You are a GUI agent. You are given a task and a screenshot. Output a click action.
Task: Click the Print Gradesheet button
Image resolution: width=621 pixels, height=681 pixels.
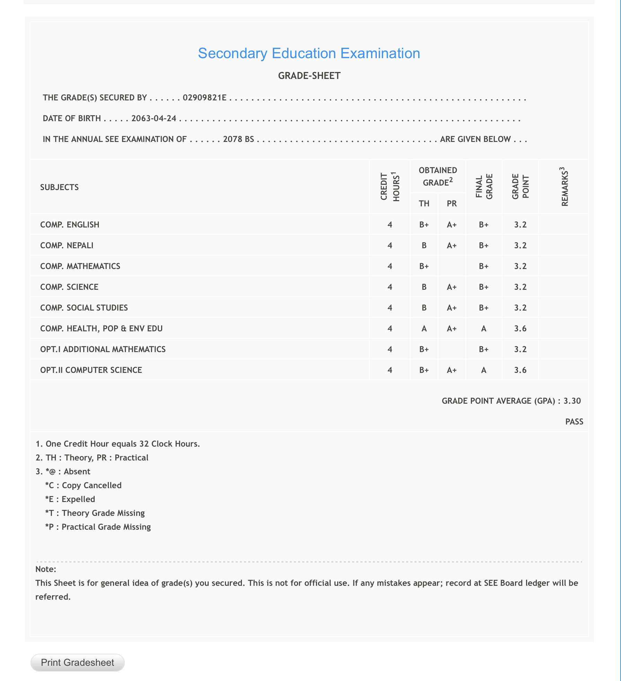(x=77, y=662)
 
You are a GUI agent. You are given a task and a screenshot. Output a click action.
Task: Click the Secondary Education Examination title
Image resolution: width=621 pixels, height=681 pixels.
(x=309, y=53)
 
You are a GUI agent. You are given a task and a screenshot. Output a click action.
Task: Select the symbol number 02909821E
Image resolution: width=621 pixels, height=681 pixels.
(x=204, y=98)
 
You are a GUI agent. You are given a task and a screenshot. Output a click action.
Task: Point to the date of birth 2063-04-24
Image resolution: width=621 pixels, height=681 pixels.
(x=154, y=118)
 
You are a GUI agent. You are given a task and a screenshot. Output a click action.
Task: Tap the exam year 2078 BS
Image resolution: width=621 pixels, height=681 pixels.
(x=238, y=139)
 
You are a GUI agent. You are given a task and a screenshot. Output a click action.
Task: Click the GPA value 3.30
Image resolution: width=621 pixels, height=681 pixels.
(x=572, y=401)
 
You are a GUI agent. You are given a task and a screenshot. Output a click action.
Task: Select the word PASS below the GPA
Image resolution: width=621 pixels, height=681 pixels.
(x=574, y=422)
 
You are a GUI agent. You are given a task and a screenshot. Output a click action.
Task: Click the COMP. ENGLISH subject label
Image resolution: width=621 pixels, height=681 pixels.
(x=70, y=225)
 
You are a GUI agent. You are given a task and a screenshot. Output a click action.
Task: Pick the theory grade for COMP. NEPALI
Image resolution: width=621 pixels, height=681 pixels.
(x=424, y=245)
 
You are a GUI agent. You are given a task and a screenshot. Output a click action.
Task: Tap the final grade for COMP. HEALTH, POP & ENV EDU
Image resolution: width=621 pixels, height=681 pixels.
(x=483, y=329)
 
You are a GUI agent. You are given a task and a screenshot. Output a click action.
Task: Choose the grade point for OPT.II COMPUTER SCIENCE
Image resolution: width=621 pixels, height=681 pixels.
(x=520, y=370)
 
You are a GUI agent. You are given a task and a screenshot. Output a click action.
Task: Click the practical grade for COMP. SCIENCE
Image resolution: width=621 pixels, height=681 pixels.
(x=452, y=287)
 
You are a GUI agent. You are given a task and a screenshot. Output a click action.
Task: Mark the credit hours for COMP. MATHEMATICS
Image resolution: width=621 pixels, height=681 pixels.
(x=390, y=266)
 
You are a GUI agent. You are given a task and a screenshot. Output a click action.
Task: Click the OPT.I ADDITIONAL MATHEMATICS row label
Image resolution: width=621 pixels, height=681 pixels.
(x=103, y=349)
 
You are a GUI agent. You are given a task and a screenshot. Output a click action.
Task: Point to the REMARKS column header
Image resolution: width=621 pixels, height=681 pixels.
(x=565, y=187)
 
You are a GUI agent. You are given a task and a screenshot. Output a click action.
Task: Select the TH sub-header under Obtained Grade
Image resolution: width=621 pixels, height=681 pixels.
(x=424, y=204)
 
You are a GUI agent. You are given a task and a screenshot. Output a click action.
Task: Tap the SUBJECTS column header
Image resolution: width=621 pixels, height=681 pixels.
(x=59, y=187)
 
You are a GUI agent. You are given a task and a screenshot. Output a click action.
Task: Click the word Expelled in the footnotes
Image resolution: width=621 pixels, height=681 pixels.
(x=78, y=499)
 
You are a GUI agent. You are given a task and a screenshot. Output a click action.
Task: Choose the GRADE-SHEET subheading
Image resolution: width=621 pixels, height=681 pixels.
(x=309, y=76)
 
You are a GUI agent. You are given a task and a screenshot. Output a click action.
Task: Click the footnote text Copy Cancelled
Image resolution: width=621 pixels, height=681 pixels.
(x=91, y=485)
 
